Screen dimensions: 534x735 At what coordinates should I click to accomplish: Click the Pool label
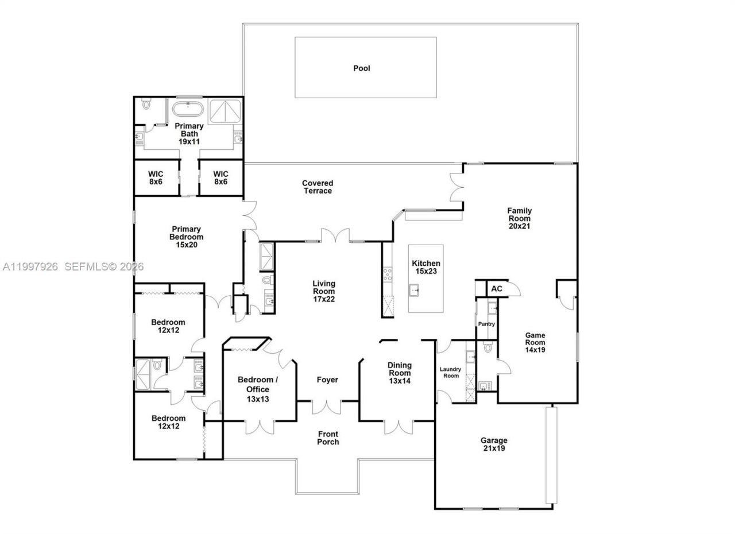[x=362, y=68]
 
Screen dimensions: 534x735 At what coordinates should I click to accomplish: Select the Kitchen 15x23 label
[x=426, y=267]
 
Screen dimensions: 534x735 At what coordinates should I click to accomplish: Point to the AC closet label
[x=497, y=288]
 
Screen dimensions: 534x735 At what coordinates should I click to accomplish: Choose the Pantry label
[x=486, y=324]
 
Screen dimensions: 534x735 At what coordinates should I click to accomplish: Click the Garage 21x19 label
[x=493, y=444]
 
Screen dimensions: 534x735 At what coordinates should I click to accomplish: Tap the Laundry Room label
[x=450, y=372]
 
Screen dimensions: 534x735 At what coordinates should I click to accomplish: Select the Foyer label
[x=327, y=380]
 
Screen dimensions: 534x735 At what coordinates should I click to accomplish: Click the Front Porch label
[x=328, y=438]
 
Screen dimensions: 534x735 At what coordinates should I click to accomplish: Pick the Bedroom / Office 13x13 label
[x=258, y=389]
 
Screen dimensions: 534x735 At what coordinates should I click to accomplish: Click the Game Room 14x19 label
[x=535, y=342]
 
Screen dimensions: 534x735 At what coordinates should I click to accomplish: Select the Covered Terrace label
[x=318, y=187]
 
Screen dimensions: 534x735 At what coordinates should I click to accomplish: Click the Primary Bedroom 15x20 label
[x=186, y=237]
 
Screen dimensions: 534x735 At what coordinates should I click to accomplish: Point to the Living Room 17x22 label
[x=324, y=291]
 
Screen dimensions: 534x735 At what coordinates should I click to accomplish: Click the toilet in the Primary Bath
[x=146, y=105]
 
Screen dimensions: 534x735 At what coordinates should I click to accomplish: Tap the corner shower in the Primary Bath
[x=225, y=111]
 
